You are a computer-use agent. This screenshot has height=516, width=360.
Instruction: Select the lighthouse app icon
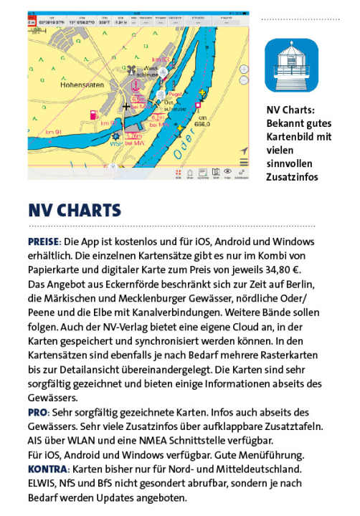pyautogui.click(x=291, y=65)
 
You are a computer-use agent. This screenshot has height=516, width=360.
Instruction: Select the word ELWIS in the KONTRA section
pyautogui.click(x=45, y=484)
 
